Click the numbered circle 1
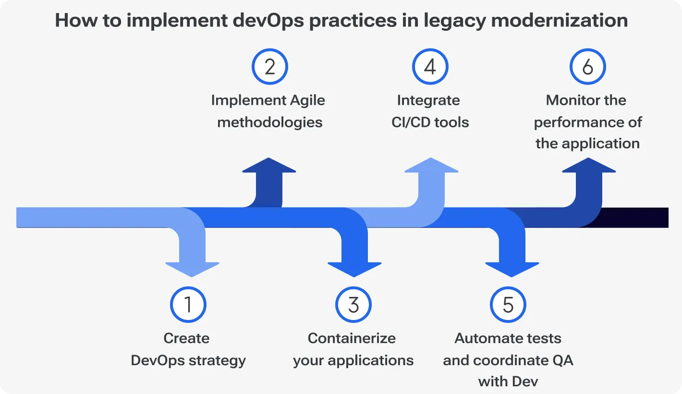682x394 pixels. tap(188, 305)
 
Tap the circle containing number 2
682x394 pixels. tap(269, 67)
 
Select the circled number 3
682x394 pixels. tap(353, 305)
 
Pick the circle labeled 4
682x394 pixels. tap(430, 67)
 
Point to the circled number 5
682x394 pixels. tap(508, 305)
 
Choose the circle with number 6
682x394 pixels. tap(587, 67)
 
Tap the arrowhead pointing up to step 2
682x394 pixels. tap(269, 166)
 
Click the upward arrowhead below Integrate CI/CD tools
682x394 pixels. tap(431, 166)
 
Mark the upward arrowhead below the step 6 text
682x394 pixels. tap(588, 166)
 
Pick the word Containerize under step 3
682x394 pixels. tap(352, 338)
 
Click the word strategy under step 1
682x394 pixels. tap(218, 360)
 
